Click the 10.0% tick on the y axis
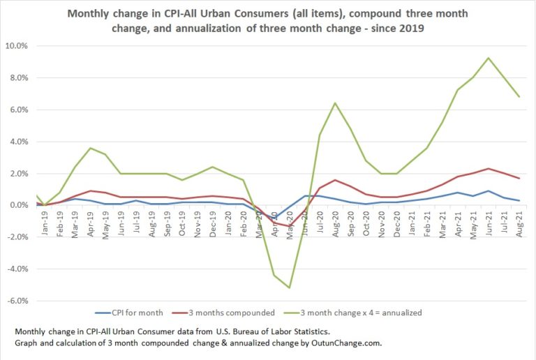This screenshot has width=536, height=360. point(16,46)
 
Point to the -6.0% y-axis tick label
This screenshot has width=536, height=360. point(16,301)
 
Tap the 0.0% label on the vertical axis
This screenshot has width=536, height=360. point(17,205)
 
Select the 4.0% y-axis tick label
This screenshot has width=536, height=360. point(17,142)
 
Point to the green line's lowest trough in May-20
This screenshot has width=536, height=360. point(290,287)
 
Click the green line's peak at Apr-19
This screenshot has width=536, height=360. point(90,148)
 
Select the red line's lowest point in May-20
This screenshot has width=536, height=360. point(290,226)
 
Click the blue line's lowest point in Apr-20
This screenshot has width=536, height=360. point(274,219)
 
